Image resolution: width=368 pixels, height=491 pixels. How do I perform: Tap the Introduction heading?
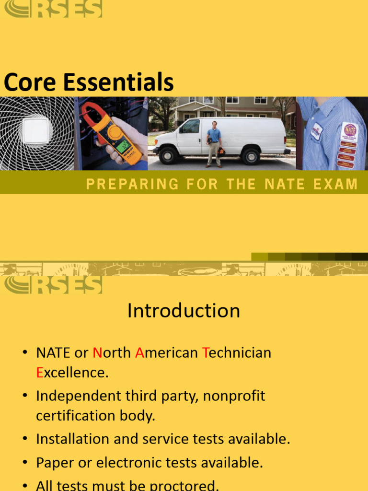tap(184, 311)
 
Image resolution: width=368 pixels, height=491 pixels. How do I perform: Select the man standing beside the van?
tap(214, 144)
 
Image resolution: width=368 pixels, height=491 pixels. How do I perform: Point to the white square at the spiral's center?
tap(35, 131)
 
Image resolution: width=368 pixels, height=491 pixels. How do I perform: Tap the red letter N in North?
tap(97, 353)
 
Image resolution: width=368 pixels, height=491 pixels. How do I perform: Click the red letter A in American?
tap(140, 353)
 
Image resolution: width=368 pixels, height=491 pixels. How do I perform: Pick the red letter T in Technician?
tap(205, 353)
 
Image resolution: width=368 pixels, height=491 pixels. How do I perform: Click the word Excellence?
tap(72, 373)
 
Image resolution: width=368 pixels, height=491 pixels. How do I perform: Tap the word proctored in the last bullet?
tap(184, 485)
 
